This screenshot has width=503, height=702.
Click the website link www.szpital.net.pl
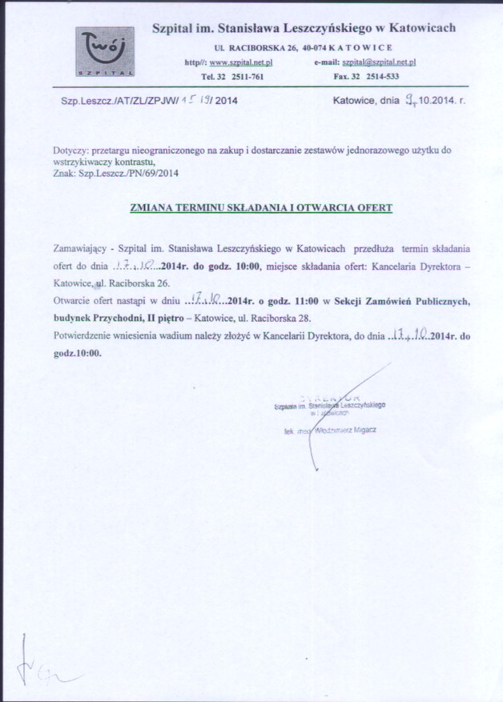242,62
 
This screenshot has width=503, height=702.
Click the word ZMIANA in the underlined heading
151,207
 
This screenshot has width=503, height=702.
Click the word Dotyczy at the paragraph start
69,150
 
